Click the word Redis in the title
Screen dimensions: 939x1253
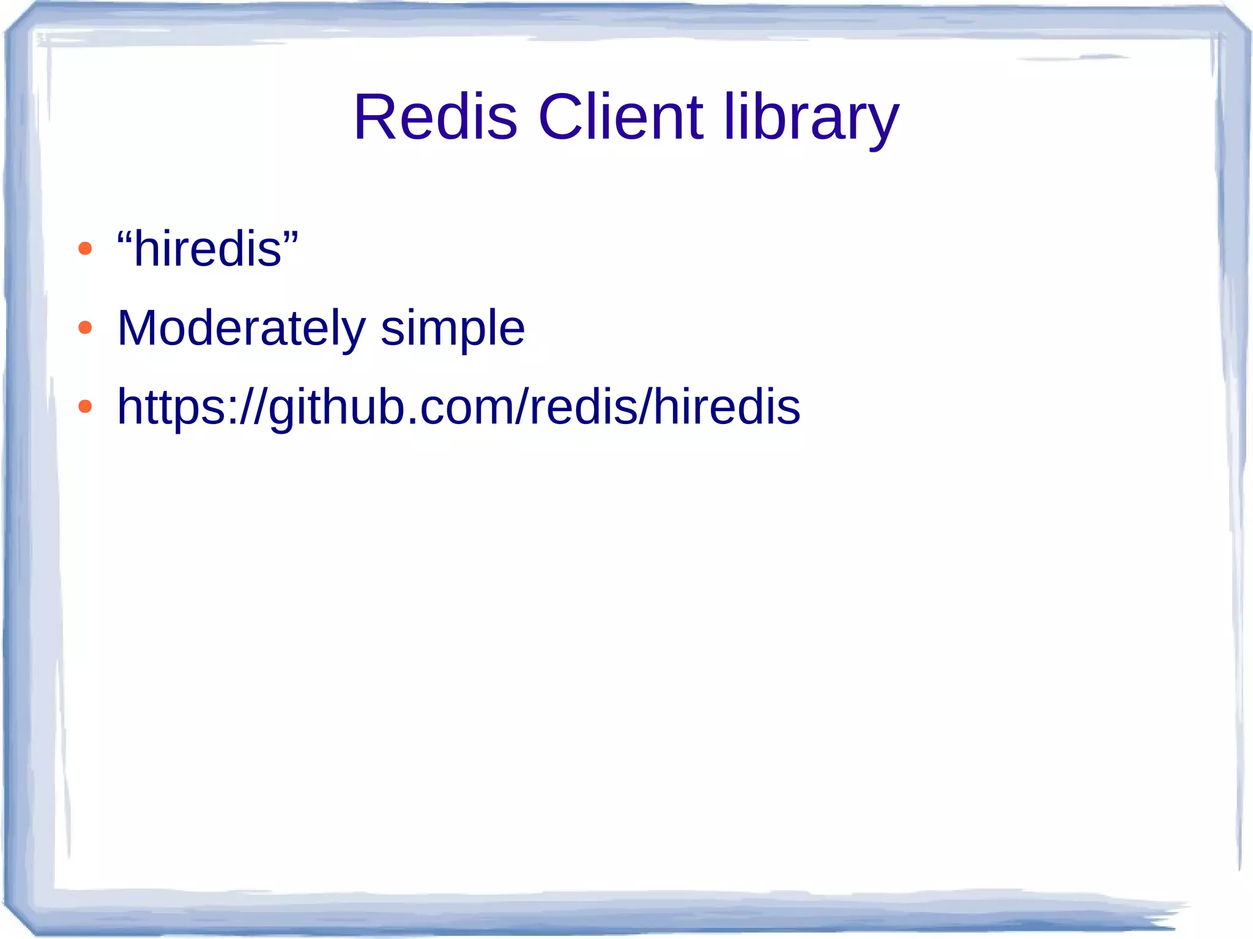point(436,117)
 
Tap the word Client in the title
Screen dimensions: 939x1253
point(620,117)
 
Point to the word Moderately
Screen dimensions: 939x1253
point(241,328)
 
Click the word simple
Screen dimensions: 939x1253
point(453,330)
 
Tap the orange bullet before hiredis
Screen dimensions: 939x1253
point(85,248)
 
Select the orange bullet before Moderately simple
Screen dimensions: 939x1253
point(85,328)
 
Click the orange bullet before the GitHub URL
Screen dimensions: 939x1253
point(85,406)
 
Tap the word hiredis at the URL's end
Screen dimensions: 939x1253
point(727,406)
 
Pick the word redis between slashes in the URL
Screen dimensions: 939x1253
point(583,406)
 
